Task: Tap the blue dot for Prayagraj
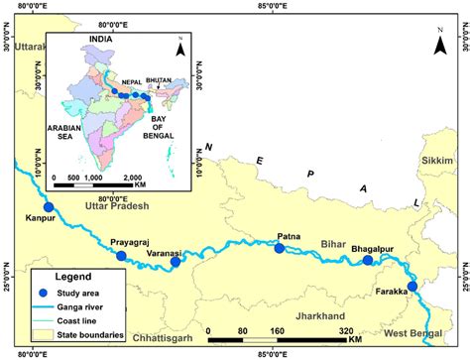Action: coord(122,256)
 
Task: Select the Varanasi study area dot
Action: coord(176,262)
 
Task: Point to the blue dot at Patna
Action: coord(279,248)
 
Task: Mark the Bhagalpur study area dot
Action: coord(368,261)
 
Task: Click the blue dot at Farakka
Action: coord(412,287)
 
